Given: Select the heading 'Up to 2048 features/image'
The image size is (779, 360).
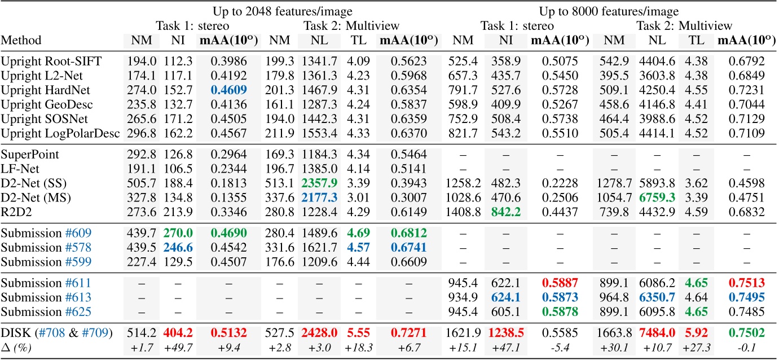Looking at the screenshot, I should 283,11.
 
